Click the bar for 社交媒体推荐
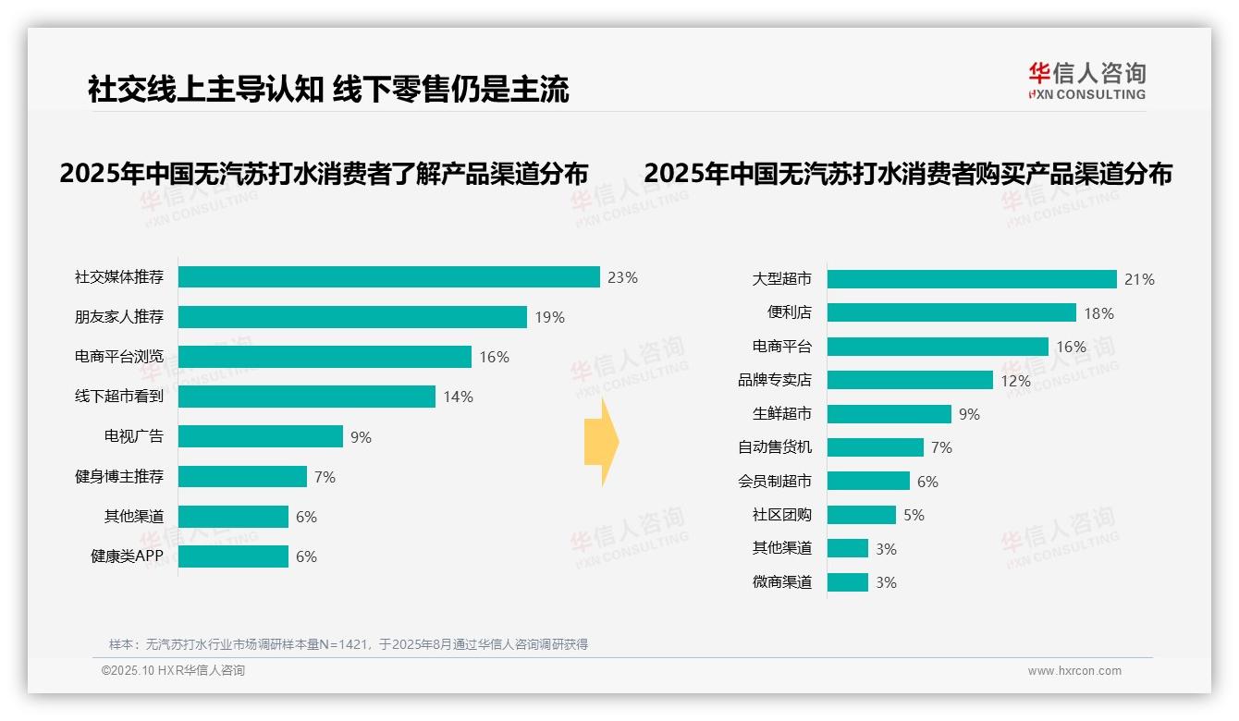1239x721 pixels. (388, 277)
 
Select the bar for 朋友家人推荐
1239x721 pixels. (352, 317)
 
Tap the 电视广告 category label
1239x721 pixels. (133, 436)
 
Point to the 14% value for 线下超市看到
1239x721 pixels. (458, 397)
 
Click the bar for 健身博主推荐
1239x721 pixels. (242, 477)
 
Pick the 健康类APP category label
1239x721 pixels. (127, 556)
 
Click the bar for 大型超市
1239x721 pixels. (972, 279)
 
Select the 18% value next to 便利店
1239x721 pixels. (1098, 313)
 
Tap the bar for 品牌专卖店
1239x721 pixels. (910, 380)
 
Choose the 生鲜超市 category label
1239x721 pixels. (781, 413)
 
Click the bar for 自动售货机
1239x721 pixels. (875, 447)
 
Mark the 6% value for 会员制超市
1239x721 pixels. (927, 482)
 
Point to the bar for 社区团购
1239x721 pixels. (861, 515)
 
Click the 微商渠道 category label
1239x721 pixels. (781, 582)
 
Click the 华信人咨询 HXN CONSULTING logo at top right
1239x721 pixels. (1086, 80)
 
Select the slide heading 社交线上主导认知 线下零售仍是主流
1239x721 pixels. (328, 89)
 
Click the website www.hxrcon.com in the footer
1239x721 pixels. (1073, 671)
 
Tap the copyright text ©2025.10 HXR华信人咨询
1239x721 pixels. (173, 671)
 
